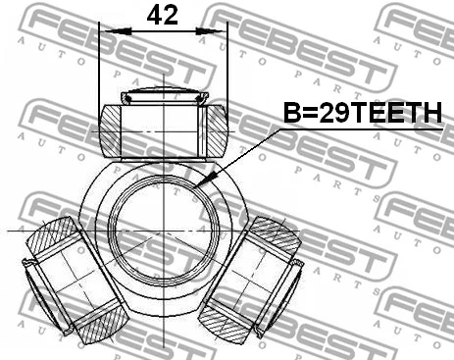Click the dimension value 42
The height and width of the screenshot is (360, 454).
click(x=164, y=15)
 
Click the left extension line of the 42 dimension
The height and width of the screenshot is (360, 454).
click(x=100, y=69)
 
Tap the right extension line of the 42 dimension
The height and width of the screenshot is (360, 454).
click(x=227, y=69)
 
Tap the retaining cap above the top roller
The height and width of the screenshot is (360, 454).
click(x=164, y=97)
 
